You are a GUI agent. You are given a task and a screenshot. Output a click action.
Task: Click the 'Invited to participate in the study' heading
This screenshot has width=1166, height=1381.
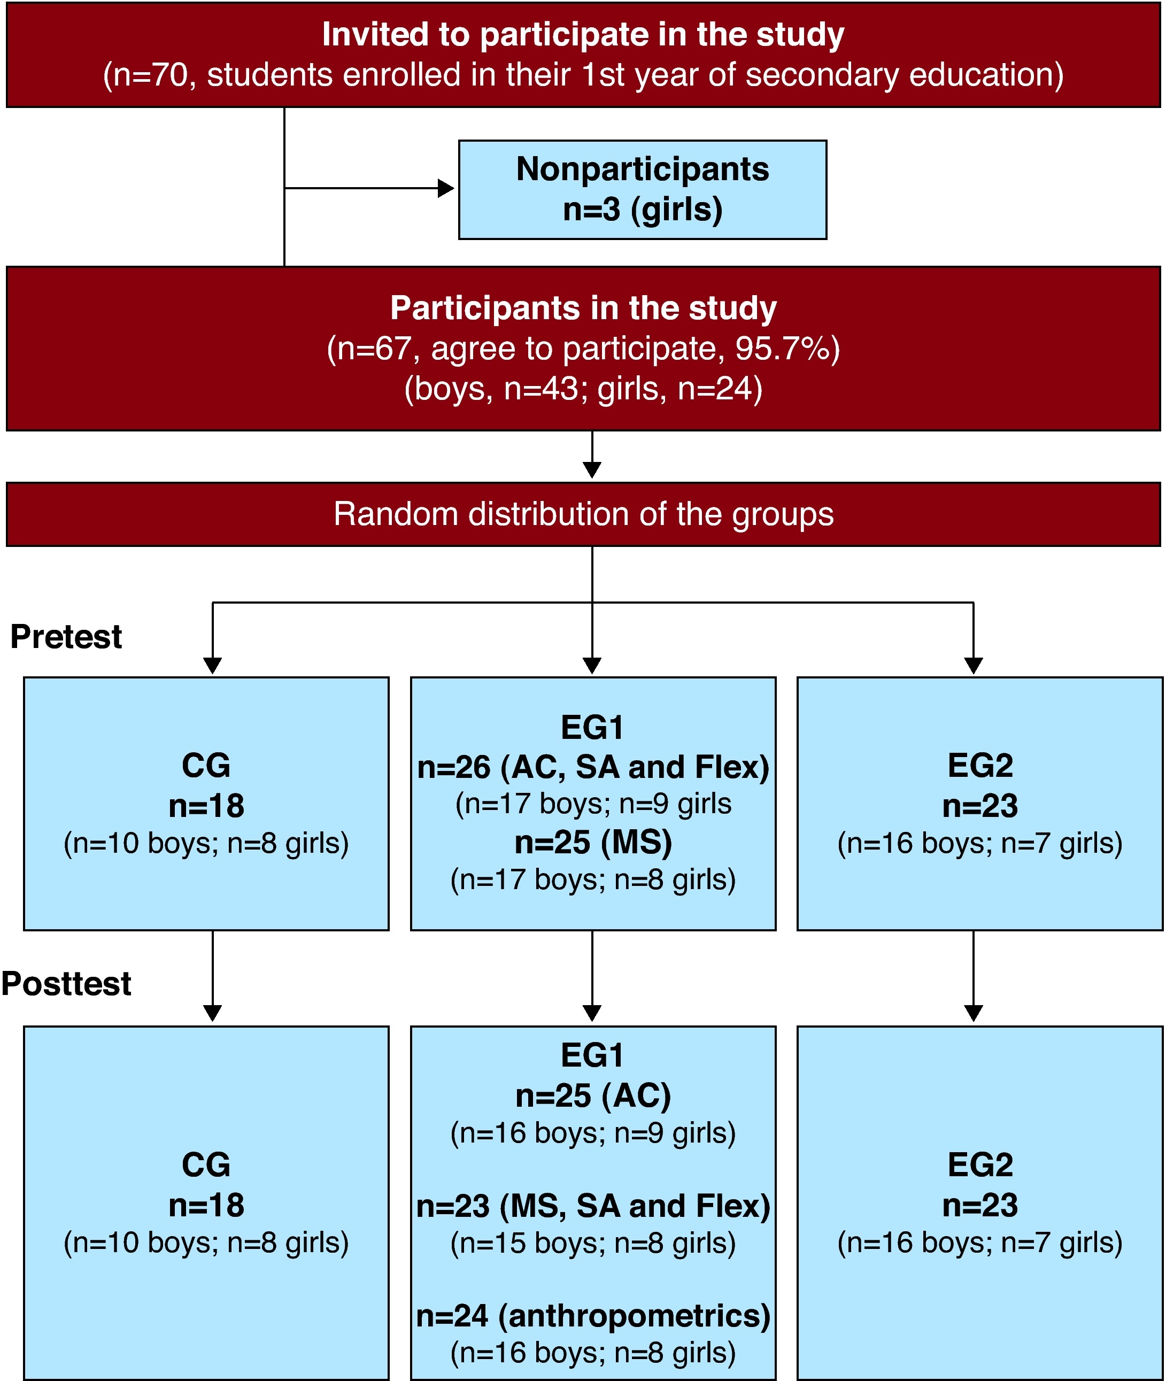tap(583, 34)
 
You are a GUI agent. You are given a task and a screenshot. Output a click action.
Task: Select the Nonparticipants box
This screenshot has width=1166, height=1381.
tap(643, 190)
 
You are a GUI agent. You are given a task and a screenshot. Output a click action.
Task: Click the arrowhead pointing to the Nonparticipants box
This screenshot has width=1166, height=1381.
tap(446, 188)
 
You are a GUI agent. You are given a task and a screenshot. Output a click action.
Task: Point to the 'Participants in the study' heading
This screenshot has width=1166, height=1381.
tap(583, 308)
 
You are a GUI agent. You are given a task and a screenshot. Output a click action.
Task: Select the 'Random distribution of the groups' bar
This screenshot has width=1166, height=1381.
tap(583, 514)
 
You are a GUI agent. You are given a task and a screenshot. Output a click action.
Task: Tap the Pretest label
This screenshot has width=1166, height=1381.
tap(66, 637)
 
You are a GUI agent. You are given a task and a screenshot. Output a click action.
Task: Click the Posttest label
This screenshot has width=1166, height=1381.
tap(66, 983)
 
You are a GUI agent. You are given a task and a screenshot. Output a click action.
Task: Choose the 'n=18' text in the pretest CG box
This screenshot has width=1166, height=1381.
tap(206, 806)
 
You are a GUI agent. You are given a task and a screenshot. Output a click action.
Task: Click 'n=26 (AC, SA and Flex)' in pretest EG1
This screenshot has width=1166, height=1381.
tap(593, 767)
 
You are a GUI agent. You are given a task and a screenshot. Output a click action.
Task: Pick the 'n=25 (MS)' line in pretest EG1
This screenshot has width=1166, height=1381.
tap(593, 842)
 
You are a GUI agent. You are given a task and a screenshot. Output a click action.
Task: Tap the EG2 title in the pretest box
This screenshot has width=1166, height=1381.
tap(980, 766)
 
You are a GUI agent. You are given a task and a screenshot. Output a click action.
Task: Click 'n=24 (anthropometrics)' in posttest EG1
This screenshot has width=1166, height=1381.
tap(593, 1316)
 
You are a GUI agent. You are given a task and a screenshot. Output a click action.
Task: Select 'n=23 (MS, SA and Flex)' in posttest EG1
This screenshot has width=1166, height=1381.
tap(593, 1206)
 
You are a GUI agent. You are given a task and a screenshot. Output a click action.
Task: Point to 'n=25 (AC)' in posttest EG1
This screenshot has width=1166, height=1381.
tap(593, 1095)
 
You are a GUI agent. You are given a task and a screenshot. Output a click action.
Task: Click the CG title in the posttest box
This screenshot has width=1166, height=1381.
tap(206, 1165)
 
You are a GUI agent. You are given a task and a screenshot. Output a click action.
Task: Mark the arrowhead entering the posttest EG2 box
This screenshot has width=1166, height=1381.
tap(974, 1013)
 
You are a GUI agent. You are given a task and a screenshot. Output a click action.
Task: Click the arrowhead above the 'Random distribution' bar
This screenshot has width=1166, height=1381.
tap(592, 470)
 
